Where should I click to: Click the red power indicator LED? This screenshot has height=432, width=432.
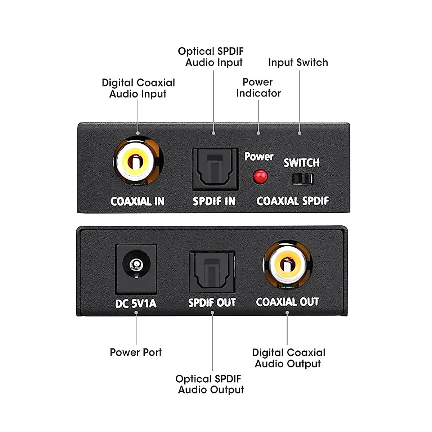tap(260, 176)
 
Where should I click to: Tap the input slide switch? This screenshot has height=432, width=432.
tap(302, 179)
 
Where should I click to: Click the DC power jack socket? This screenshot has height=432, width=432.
tap(136, 266)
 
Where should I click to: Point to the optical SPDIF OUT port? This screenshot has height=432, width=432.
tap(212, 272)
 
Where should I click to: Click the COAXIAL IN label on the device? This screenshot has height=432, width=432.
tap(138, 201)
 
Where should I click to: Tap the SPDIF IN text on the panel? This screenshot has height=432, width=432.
tap(214, 201)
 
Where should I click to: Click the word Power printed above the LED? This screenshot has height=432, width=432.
tap(259, 157)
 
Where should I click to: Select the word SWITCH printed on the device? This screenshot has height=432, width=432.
tap(301, 163)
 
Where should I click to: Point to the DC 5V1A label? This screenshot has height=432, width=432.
tap(136, 303)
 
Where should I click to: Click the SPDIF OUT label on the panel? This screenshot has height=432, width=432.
tap(212, 303)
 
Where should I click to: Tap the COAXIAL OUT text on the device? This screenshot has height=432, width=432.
tap(287, 302)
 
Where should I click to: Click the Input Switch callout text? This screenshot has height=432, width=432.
tap(298, 63)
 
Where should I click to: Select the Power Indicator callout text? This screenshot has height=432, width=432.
tap(258, 87)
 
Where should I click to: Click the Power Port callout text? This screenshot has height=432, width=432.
tap(136, 352)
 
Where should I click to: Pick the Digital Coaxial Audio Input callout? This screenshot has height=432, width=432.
tap(138, 88)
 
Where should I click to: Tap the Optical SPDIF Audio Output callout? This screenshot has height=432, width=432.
tap(210, 384)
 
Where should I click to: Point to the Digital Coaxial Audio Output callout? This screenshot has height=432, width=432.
tap(288, 358)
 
